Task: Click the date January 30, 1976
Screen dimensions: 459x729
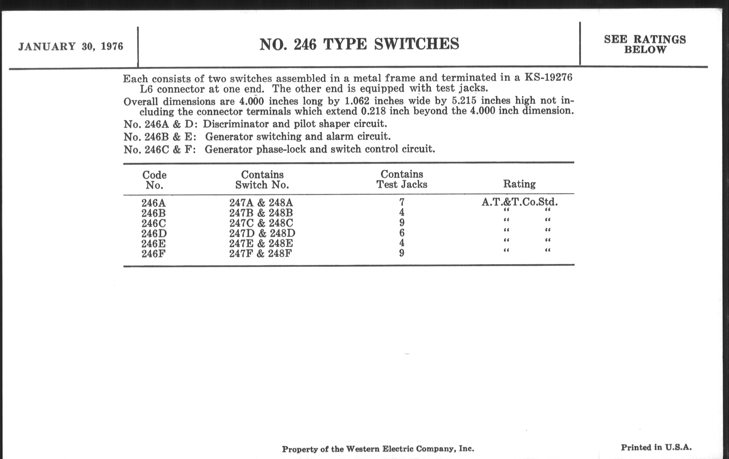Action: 71,47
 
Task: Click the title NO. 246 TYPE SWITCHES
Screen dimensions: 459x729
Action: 359,44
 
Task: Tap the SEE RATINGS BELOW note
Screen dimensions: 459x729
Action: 645,44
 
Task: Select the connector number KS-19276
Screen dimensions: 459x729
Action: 548,78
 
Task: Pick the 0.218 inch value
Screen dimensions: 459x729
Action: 373,111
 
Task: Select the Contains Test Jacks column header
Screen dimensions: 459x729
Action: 402,179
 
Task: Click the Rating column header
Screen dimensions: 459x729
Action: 519,184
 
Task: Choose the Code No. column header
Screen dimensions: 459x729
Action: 154,180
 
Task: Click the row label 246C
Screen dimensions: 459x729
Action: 154,223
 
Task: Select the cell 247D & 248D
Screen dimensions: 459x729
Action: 262,233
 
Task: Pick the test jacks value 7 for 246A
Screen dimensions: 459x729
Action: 402,202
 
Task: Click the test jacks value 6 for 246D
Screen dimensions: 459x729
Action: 402,233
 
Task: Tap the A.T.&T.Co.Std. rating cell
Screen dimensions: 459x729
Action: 519,202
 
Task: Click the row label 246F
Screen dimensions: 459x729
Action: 153,253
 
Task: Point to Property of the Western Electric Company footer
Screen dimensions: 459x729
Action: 378,449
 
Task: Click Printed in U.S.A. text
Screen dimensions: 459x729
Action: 656,448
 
